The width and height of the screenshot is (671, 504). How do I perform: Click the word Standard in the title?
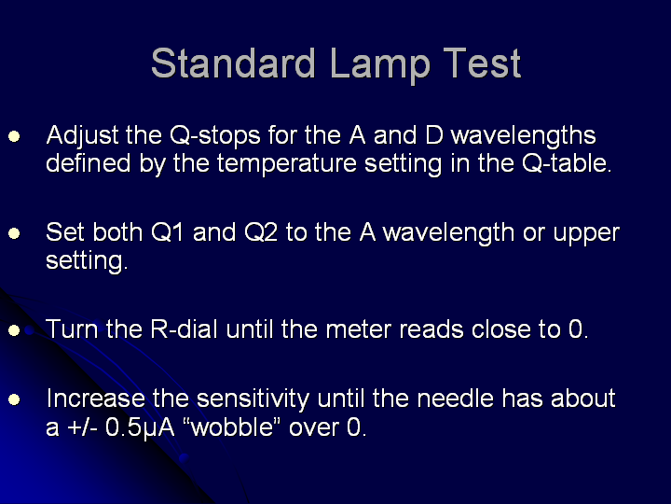coord(233,63)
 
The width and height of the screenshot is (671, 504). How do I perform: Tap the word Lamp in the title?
coord(380,64)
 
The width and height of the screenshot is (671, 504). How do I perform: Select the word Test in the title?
coord(483,63)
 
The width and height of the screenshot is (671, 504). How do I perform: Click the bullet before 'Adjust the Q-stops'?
coord(14,136)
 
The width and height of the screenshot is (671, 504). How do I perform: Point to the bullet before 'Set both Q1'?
coord(14,233)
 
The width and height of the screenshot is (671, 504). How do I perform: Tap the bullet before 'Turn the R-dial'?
coord(14,330)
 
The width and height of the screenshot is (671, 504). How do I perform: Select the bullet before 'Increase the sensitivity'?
coord(14,399)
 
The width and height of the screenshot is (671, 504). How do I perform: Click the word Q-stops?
coord(215,136)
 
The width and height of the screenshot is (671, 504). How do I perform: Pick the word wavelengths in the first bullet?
coord(524,136)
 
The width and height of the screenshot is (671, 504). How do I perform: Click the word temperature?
coord(287,164)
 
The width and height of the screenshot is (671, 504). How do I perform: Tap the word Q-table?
coord(566,163)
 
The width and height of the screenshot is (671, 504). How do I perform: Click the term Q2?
coord(261,232)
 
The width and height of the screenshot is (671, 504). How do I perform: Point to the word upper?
coord(586,235)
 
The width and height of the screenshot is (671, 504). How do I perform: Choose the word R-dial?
coord(184,329)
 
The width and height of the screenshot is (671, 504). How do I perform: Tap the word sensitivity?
coord(253,399)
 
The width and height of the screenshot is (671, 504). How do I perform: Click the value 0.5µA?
coord(140,428)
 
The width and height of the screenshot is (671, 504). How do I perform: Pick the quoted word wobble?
coord(231,427)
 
